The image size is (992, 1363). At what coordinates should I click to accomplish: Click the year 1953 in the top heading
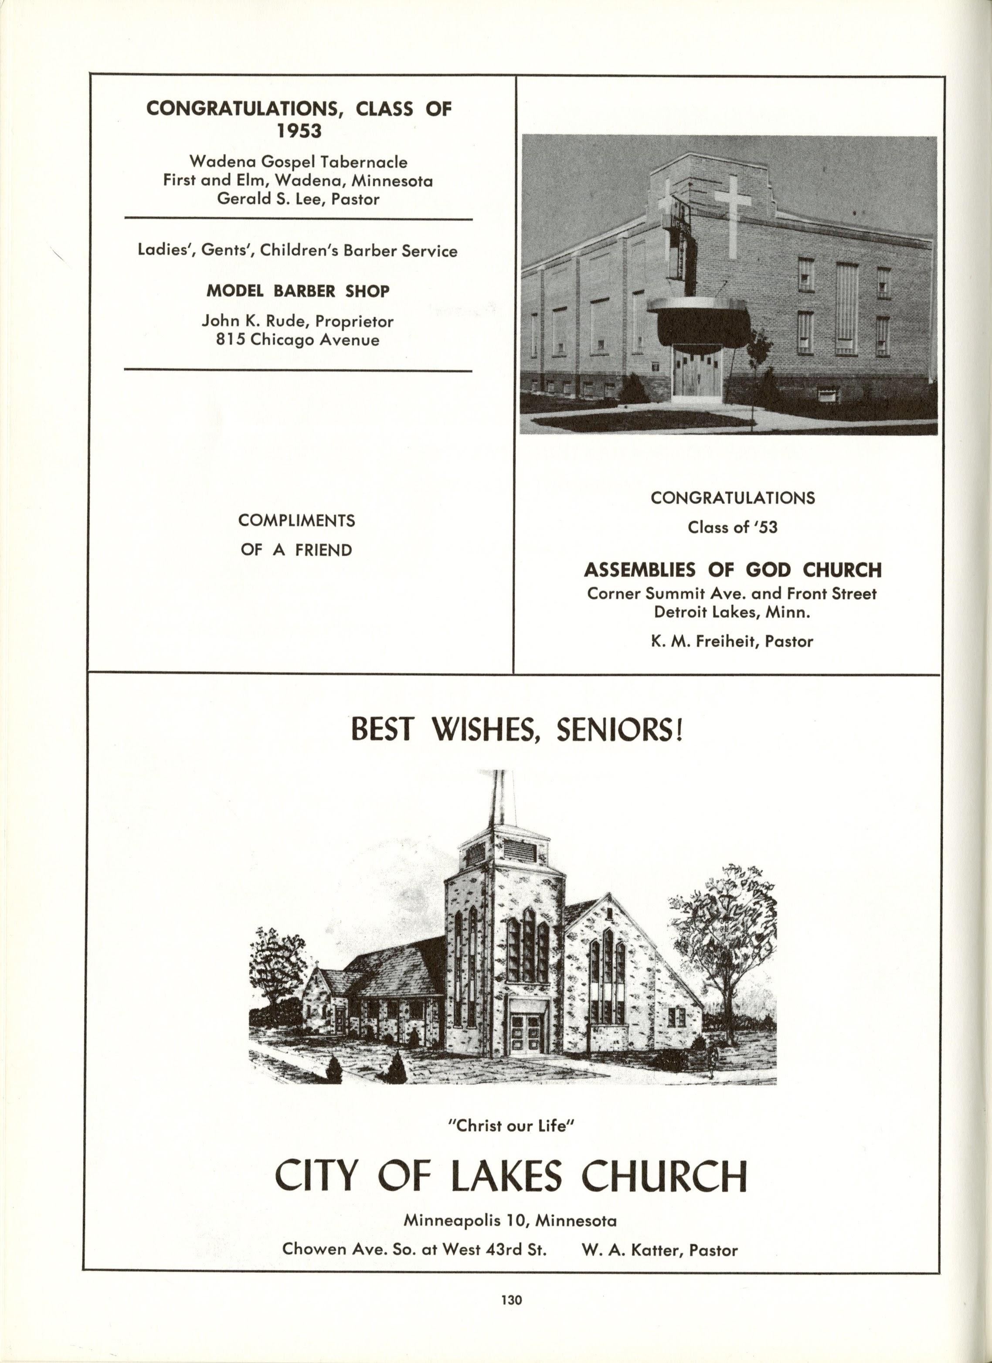point(299,131)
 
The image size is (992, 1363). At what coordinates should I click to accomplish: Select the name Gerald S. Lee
point(268,199)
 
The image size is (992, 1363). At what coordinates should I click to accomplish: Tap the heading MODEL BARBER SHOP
point(298,292)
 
